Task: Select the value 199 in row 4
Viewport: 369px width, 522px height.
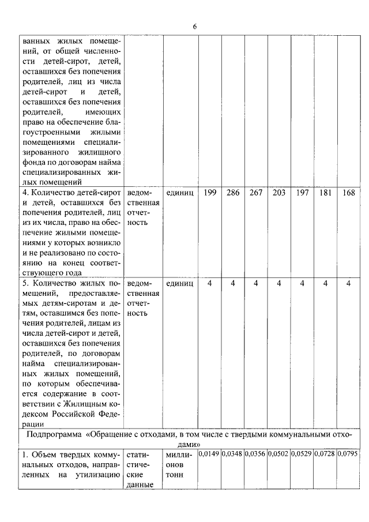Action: coord(210,193)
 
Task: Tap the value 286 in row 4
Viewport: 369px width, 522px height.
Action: coord(233,193)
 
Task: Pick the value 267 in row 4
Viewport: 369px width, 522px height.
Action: coord(256,193)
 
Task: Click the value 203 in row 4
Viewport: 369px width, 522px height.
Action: coord(279,193)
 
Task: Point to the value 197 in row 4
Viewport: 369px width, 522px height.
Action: coord(302,193)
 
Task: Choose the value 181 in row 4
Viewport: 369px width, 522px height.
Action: coord(325,193)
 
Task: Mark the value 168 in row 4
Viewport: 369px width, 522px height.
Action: coord(348,193)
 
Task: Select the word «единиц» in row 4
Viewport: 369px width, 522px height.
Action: coord(180,193)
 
